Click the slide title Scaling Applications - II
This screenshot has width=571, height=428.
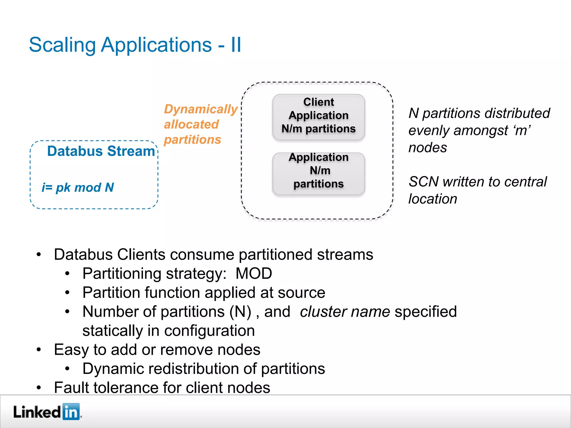135,45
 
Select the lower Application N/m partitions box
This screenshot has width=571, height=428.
318,173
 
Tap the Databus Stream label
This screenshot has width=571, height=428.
101,151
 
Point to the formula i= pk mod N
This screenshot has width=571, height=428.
78,188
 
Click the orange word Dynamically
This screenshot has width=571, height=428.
200,109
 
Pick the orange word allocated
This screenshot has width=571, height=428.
191,125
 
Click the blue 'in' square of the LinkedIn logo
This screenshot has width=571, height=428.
71,412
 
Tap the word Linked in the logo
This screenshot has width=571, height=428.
37,412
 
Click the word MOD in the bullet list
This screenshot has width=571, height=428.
253,274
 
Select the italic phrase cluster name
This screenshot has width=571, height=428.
345,312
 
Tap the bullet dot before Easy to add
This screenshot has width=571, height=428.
39,350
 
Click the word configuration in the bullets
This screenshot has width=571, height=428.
209,331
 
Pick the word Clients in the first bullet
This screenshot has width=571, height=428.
141,255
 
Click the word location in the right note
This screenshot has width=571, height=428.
432,199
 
